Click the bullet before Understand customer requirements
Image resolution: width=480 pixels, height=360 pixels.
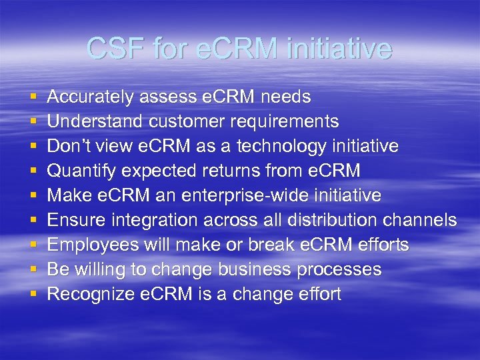33,123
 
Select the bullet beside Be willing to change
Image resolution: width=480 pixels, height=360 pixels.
33,270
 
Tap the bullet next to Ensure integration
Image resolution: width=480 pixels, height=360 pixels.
33,221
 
